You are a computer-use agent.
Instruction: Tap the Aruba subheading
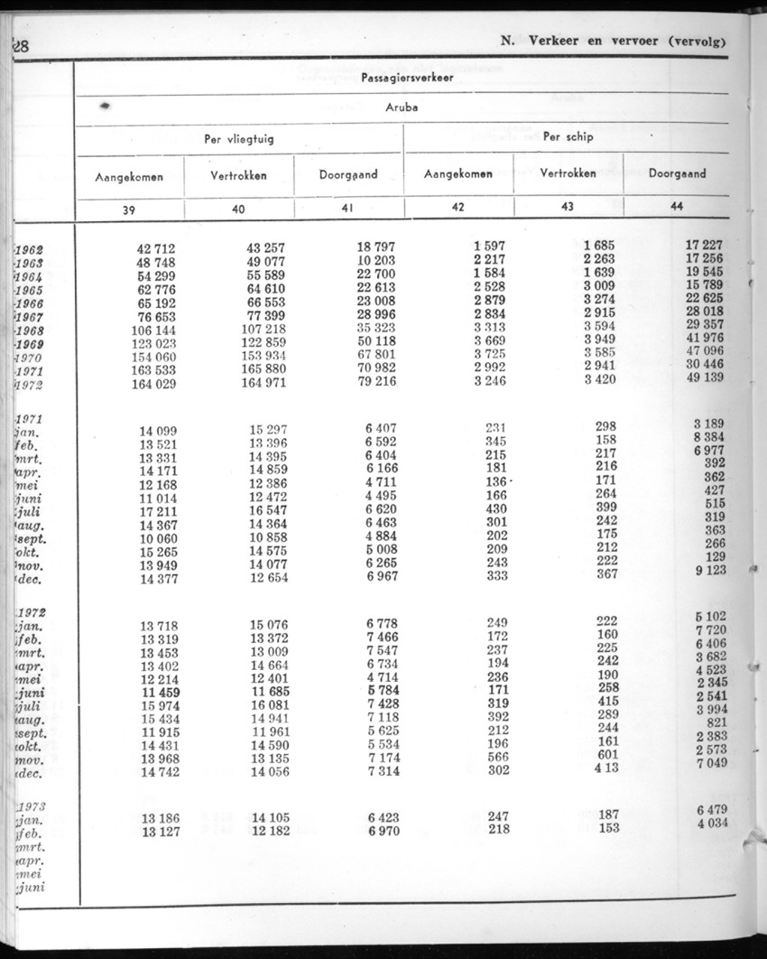401,108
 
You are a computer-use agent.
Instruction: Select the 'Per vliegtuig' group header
238,139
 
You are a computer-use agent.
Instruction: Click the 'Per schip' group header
567,137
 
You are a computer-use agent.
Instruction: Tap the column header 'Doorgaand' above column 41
348,175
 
